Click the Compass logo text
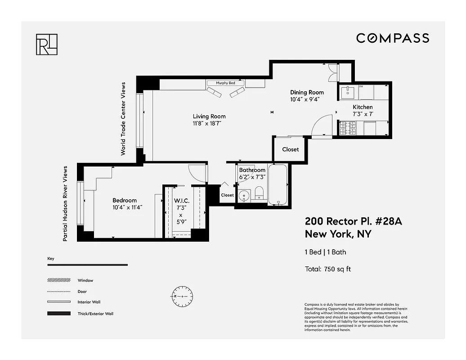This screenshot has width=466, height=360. pos(393,38)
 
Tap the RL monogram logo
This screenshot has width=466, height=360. pos(46,44)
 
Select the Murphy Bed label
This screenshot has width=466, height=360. pos(225,83)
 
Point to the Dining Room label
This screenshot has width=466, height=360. pos(307,92)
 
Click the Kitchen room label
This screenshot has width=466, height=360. pos(363,107)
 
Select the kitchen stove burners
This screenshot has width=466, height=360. pos(348,128)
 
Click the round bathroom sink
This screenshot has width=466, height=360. pos(244,196)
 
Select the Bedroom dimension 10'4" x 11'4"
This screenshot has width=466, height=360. pos(128,207)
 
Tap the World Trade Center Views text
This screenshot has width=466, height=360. pos(123,119)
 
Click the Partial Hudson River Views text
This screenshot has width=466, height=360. pos(65,203)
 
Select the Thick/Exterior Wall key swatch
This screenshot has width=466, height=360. pos(58,313)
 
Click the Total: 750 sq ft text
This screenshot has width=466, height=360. pos(327,269)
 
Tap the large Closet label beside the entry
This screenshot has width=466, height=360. pos(290,149)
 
